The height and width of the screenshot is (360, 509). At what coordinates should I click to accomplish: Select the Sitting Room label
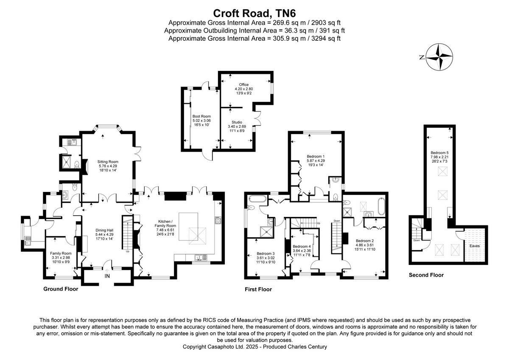click(x=107, y=162)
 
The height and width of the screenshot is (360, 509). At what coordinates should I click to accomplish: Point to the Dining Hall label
click(x=104, y=231)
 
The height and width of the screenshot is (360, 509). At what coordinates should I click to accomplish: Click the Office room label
click(x=243, y=85)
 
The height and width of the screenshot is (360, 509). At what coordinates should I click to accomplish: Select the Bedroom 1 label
click(x=316, y=156)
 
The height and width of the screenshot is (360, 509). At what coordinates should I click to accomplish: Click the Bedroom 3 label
click(x=266, y=253)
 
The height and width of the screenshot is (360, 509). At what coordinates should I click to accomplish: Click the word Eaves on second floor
click(x=474, y=245)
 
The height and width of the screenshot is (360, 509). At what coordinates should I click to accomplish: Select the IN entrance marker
click(x=107, y=276)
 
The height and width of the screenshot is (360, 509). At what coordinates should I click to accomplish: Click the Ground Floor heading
click(x=61, y=289)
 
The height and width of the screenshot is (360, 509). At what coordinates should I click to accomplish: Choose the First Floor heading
click(x=258, y=289)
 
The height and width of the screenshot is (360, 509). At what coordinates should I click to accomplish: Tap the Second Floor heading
click(x=426, y=275)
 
